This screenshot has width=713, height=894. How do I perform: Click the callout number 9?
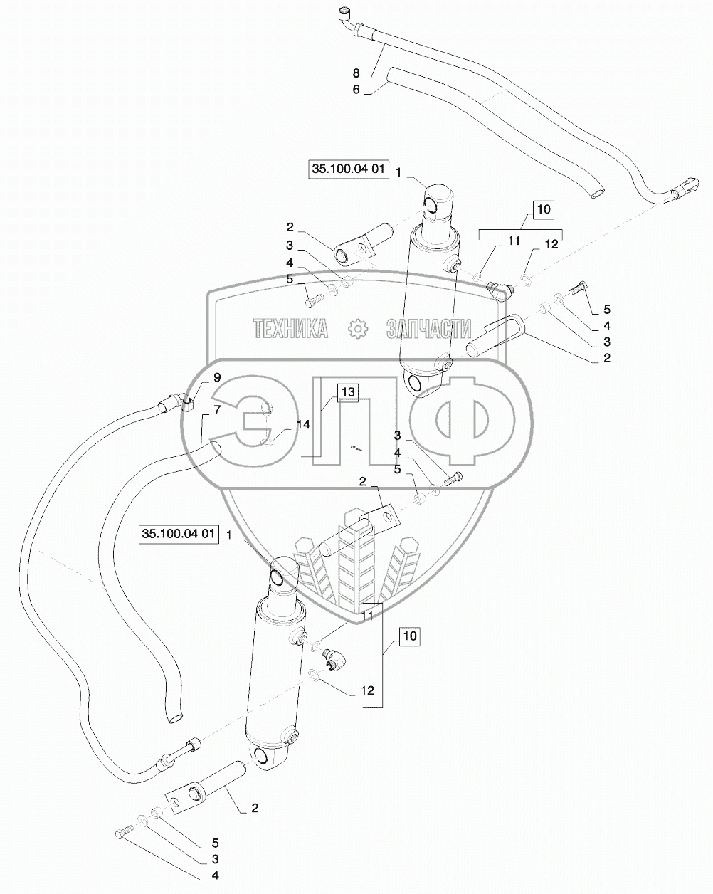click(x=197, y=376)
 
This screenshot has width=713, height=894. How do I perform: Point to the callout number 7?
click(x=197, y=411)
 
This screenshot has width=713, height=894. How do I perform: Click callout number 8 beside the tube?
click(x=356, y=73)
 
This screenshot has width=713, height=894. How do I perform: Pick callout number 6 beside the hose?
click(x=356, y=90)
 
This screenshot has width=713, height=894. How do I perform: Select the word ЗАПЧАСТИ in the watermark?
click(x=428, y=328)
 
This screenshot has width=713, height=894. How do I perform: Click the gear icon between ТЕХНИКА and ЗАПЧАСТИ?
click(x=356, y=328)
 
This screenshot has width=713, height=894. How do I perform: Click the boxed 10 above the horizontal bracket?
click(x=542, y=209)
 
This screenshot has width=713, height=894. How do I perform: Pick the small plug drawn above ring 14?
click(x=265, y=408)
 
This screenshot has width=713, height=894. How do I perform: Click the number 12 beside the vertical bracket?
click(x=366, y=690)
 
